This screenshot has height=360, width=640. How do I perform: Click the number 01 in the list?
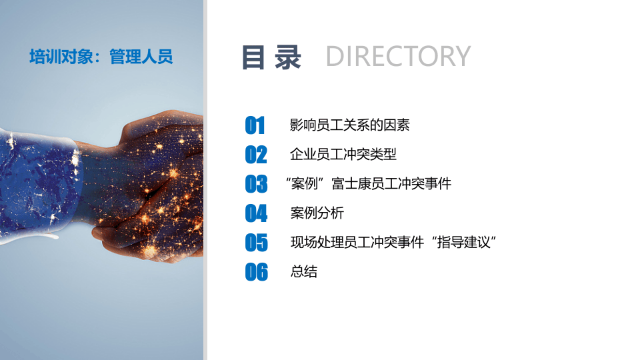pos(255,125)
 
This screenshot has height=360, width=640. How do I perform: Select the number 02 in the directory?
pos(256,155)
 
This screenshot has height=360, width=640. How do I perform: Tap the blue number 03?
pos(256,184)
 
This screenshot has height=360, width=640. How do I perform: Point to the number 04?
pos(256,213)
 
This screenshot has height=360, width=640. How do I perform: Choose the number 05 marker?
pos(256,243)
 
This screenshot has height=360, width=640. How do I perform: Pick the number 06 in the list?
pos(256,272)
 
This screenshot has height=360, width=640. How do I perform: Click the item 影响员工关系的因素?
pos(350,125)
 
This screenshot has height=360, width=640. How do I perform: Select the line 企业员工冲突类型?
pos(343,154)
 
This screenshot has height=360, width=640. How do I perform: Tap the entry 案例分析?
pos(317,213)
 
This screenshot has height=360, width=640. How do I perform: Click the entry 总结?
pos(304,271)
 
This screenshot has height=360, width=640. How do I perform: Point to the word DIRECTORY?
pos(398,57)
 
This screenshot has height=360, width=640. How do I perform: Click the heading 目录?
pos(271,57)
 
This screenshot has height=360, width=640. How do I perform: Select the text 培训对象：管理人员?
pos(101,57)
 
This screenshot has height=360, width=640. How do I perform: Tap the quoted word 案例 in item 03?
pos(304,183)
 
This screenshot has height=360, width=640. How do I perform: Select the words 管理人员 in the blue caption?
pos(141,57)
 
